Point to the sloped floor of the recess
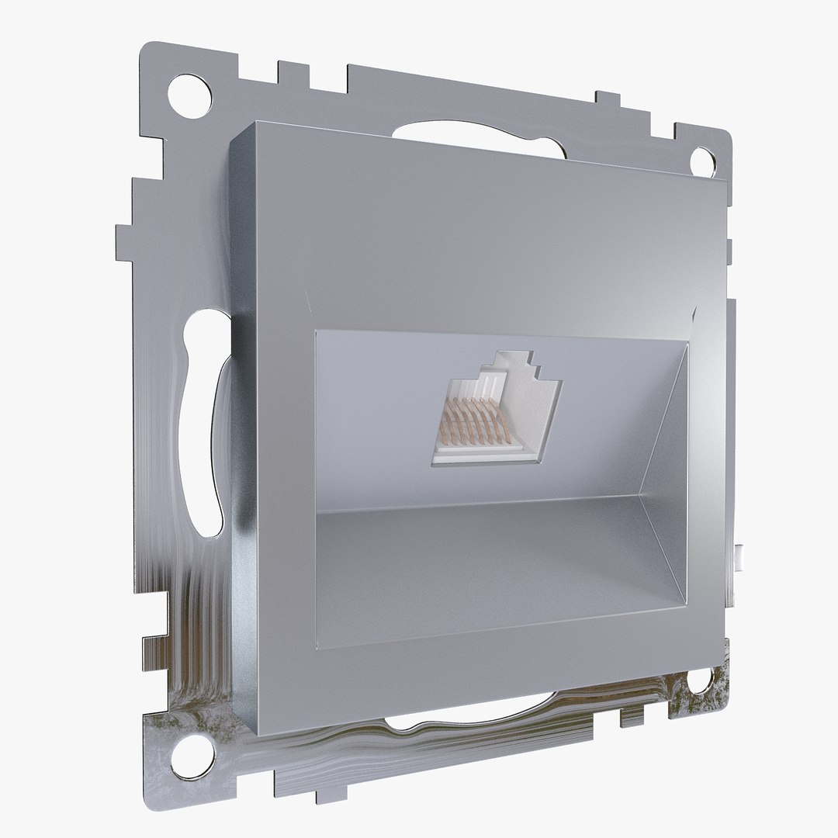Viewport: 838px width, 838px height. pos(481,566)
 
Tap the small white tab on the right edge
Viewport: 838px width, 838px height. pos(743,556)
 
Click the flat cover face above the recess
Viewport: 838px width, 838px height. pos(481,241)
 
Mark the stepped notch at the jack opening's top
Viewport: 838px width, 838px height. pos(518,361)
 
